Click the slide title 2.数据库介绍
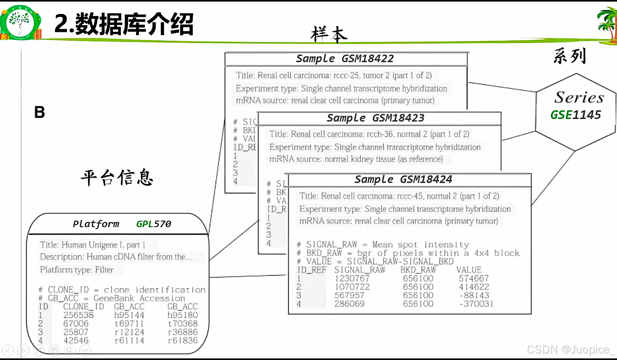click(124, 24)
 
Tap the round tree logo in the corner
click(20, 23)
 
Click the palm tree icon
click(607, 24)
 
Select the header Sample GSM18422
click(345, 59)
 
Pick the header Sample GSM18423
click(376, 118)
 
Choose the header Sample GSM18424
click(403, 180)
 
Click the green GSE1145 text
click(575, 115)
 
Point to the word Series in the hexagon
click(579, 97)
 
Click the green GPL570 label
click(154, 224)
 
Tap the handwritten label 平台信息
click(117, 177)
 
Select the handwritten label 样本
click(329, 34)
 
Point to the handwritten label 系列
click(570, 56)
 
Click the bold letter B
click(40, 113)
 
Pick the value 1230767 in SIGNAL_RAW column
click(352, 279)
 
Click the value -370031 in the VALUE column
click(476, 304)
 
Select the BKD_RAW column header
click(418, 270)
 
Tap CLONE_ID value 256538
click(78, 315)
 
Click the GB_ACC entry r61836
click(183, 341)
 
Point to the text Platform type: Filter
click(77, 270)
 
